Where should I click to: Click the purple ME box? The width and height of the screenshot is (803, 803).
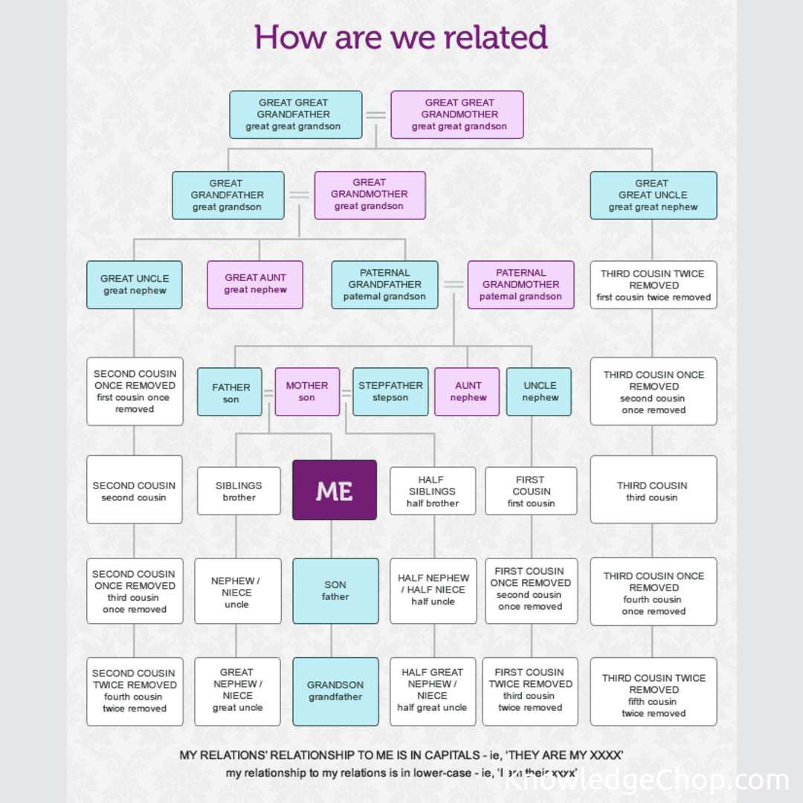[x=335, y=490]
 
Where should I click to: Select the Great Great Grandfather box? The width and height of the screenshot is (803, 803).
[x=295, y=115]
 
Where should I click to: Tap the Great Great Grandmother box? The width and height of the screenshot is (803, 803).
[x=457, y=115]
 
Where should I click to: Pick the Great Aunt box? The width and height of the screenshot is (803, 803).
[x=255, y=284]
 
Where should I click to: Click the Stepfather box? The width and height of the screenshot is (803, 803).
[x=390, y=391]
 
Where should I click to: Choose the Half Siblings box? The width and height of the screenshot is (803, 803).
[x=433, y=491]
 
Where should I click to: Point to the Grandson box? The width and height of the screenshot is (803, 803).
[x=335, y=691]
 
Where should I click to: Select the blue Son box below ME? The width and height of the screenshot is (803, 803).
[x=335, y=590]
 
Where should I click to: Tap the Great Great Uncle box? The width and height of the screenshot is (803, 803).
[x=653, y=195]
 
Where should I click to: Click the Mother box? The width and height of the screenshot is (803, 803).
[x=307, y=391]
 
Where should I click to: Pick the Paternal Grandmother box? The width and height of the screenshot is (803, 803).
[x=520, y=284]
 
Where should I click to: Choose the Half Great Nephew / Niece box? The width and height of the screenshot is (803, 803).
[x=432, y=691]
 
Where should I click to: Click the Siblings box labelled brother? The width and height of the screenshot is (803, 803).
[x=239, y=491]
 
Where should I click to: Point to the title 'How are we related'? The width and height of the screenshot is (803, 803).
[x=401, y=37]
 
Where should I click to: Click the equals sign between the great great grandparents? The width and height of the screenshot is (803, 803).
[x=376, y=115]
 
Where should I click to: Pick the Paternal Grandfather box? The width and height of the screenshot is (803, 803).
[x=384, y=284]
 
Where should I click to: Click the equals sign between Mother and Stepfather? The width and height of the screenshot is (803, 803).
[x=346, y=393]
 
